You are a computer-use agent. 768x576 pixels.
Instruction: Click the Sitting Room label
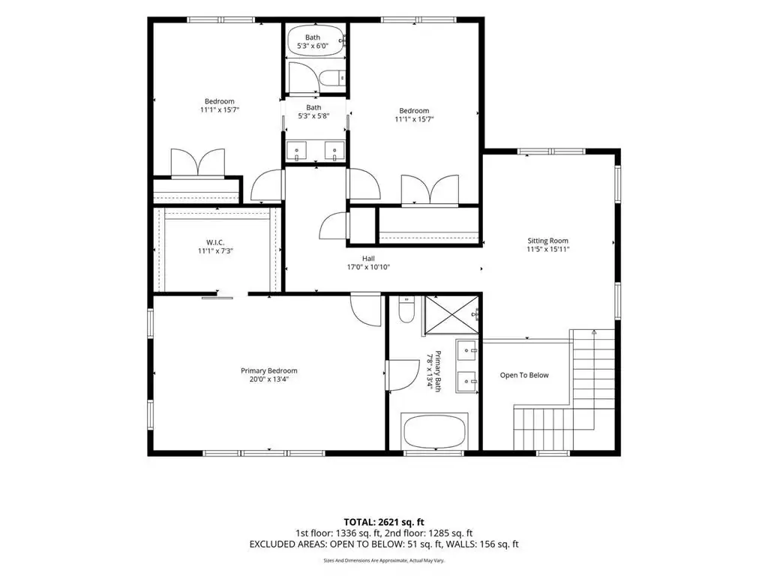[547, 241]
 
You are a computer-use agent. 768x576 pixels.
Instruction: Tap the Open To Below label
[524, 375]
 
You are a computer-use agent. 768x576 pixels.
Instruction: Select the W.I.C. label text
[215, 242]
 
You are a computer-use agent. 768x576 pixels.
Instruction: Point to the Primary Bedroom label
[269, 370]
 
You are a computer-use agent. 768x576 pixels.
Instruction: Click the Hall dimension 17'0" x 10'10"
[368, 267]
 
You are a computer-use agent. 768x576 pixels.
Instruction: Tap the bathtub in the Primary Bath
[434, 431]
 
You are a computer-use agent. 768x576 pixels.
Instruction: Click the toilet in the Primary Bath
[406, 310]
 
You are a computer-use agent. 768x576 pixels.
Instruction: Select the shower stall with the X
[451, 315]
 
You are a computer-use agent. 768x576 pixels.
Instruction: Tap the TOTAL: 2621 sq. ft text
[383, 522]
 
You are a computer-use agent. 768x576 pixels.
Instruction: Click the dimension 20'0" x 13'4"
[269, 379]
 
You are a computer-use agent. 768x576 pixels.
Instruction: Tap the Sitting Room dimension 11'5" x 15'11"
[548, 249]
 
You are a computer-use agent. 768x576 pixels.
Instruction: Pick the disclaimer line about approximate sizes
[384, 560]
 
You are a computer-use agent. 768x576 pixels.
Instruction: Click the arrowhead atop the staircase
[594, 332]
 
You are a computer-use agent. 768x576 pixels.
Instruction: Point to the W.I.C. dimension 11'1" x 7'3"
[215, 250]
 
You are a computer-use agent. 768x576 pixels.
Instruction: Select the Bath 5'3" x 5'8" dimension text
[313, 116]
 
